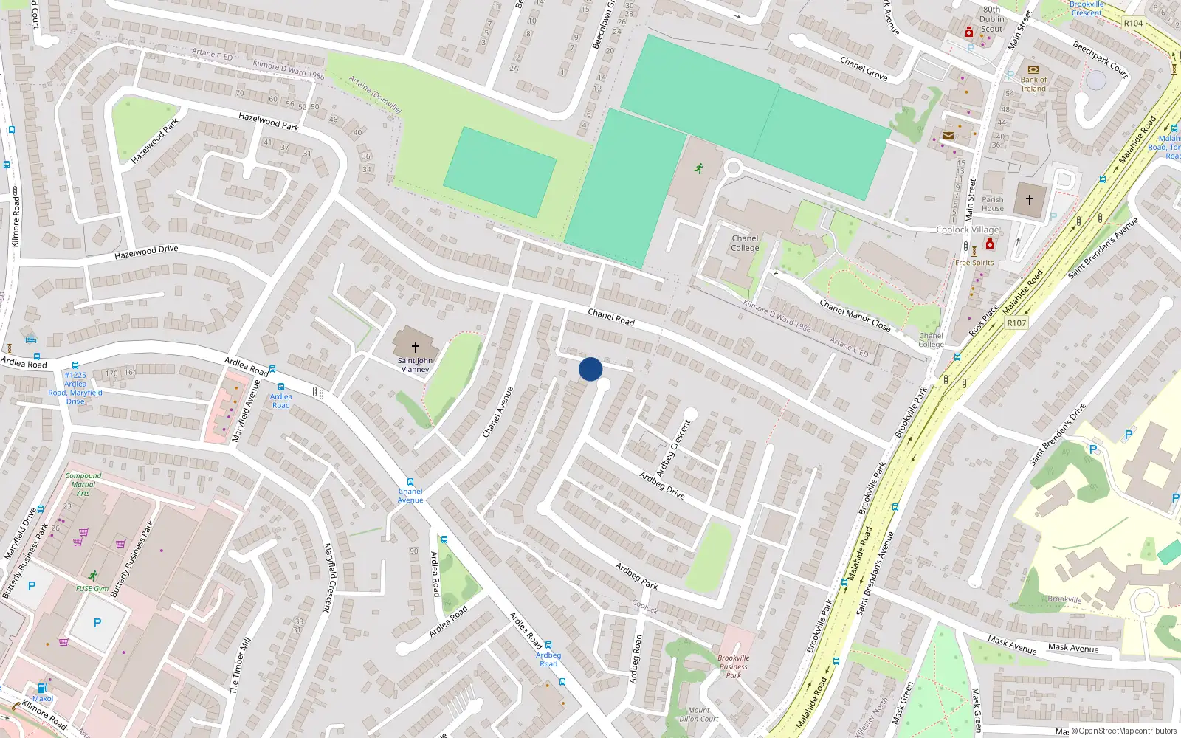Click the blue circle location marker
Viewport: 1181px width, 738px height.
(x=590, y=369)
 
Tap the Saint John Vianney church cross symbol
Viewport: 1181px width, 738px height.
(x=415, y=348)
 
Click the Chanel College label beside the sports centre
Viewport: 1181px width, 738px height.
(x=745, y=244)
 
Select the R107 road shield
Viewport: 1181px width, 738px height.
(x=1016, y=323)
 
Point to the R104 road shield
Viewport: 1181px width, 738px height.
(x=1133, y=24)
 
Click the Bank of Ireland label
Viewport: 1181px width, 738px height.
(x=1033, y=84)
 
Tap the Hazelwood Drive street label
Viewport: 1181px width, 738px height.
(x=146, y=252)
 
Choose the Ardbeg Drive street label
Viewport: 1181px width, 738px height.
(x=662, y=485)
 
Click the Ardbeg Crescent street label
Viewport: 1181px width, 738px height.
(x=674, y=447)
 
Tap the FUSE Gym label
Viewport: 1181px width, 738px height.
(x=92, y=589)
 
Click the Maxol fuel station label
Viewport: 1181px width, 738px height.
(x=43, y=698)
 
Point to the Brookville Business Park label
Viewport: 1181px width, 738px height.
(x=733, y=666)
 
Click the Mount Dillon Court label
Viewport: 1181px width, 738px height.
(x=699, y=714)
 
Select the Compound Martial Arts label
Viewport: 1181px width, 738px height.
(x=83, y=484)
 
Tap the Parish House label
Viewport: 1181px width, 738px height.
(x=993, y=204)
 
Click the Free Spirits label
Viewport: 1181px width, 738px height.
(x=974, y=263)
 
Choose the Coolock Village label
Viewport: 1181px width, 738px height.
(x=967, y=230)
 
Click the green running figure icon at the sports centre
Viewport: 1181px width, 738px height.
(x=698, y=168)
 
